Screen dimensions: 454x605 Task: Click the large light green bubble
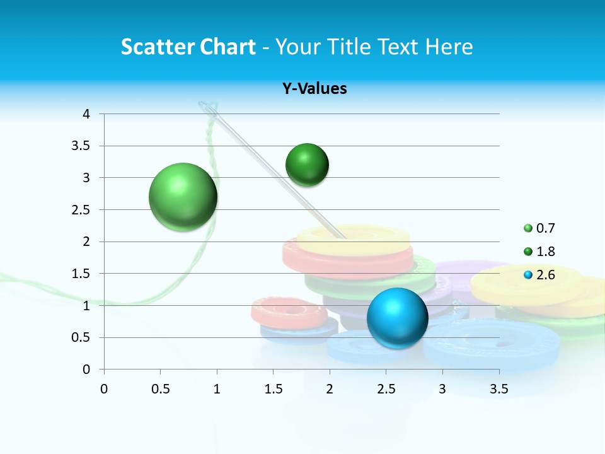click(x=183, y=197)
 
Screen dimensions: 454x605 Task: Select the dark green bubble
click(x=307, y=165)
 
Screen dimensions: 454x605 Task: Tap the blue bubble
click(x=397, y=318)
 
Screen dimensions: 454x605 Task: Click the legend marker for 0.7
click(x=528, y=228)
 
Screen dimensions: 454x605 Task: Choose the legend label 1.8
click(x=546, y=252)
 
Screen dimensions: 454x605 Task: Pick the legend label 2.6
click(x=546, y=275)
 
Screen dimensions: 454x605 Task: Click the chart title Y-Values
click(x=314, y=89)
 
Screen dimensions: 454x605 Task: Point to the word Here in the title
click(x=449, y=47)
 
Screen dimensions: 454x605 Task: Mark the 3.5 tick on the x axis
click(x=498, y=389)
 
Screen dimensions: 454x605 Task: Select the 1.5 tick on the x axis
click(x=273, y=389)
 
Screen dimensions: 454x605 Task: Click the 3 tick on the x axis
click(x=442, y=389)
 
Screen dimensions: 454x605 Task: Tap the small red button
click(x=289, y=309)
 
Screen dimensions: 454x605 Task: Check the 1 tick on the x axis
click(x=217, y=389)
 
